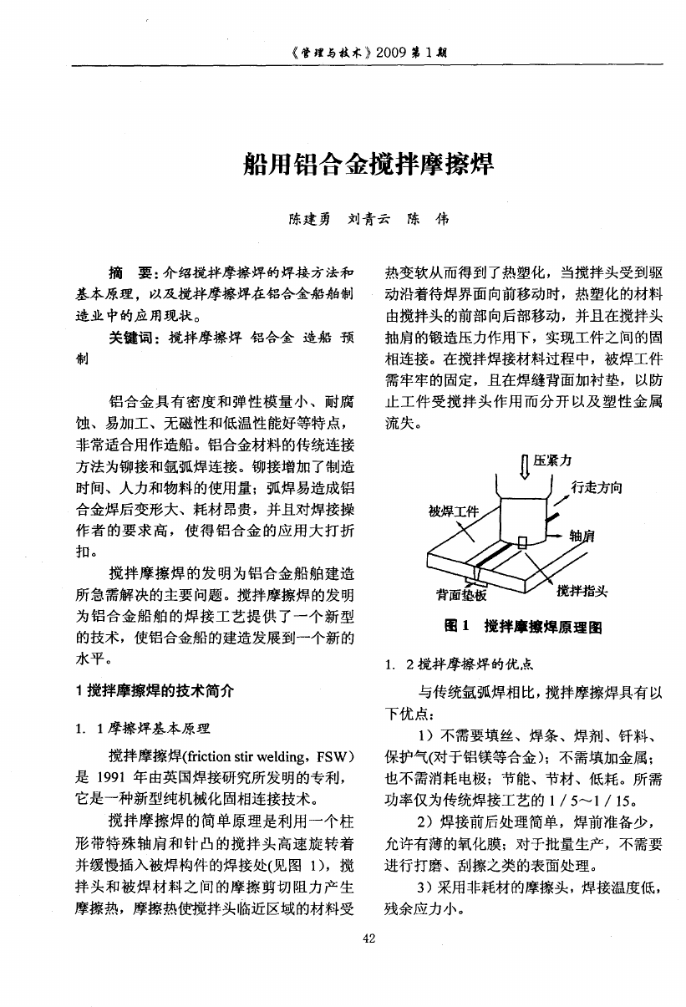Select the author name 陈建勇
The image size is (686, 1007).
tap(309, 221)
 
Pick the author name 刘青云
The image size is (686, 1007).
tap(368, 221)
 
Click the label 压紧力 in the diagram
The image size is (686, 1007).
tap(553, 460)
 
